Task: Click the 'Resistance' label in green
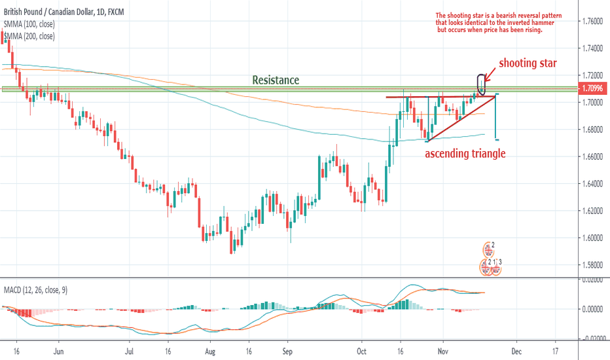pyautogui.click(x=276, y=80)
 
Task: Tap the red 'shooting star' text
pyautogui.click(x=528, y=63)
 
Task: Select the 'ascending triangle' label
pyautogui.click(x=465, y=154)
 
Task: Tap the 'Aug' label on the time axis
pyautogui.click(x=211, y=350)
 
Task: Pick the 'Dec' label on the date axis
pyautogui.click(x=516, y=350)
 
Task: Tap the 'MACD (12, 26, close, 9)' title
pyautogui.click(x=36, y=289)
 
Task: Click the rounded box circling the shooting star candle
pyautogui.click(x=483, y=83)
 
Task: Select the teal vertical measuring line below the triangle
pyautogui.click(x=497, y=117)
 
